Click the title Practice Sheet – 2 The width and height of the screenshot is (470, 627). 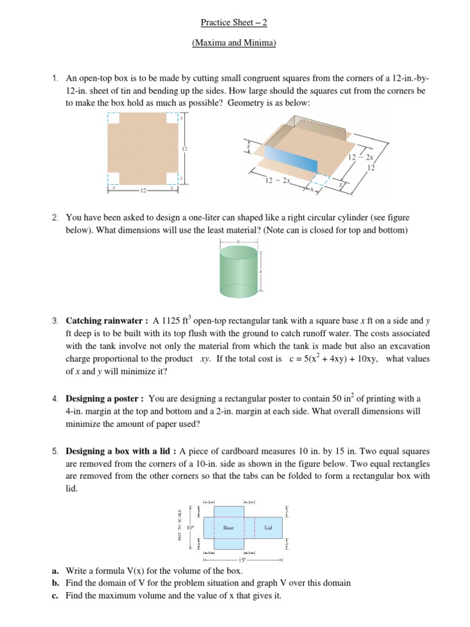[x=234, y=23]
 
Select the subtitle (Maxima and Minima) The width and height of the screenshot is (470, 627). [x=234, y=43]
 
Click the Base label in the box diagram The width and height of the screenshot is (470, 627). [x=228, y=527]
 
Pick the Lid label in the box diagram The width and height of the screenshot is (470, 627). [x=267, y=527]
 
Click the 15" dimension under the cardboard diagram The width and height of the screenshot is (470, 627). [x=243, y=560]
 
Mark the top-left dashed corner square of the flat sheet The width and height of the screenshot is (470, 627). [x=114, y=118]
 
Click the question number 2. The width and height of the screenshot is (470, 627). [x=55, y=217]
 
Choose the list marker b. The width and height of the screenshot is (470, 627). [x=55, y=583]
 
